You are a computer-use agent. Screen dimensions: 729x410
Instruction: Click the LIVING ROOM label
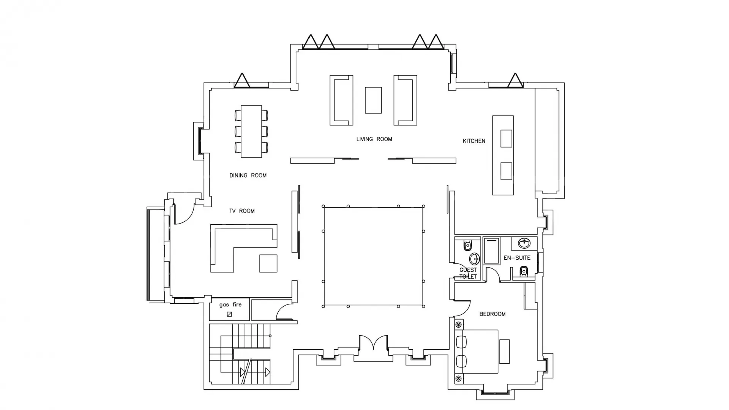[374, 139]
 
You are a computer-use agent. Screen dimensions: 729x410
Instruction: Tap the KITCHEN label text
[474, 141]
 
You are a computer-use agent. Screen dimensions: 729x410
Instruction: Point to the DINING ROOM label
[248, 175]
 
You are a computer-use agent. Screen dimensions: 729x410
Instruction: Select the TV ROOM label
[242, 211]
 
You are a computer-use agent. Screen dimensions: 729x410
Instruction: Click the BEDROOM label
[492, 314]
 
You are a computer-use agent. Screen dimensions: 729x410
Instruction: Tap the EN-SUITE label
[517, 258]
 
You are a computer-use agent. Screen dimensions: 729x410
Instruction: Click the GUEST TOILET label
[468, 273]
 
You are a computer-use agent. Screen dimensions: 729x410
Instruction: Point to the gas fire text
[230, 304]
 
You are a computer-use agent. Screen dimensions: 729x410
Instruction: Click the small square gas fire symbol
[229, 314]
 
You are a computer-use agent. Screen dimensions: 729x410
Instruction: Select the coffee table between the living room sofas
[373, 100]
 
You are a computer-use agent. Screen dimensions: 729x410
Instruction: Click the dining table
[251, 131]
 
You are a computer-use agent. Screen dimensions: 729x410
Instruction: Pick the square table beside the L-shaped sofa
[268, 263]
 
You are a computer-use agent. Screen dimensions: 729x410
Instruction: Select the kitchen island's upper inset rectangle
[507, 139]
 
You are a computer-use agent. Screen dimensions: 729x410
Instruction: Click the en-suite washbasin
[524, 243]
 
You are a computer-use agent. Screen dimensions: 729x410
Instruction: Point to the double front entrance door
[374, 343]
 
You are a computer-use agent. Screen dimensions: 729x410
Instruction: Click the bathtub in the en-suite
[492, 251]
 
